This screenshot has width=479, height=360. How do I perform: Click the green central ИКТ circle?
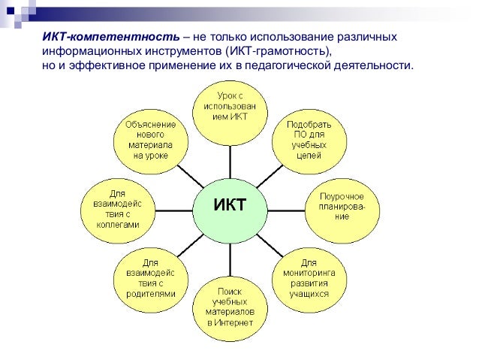pyautogui.click(x=230, y=205)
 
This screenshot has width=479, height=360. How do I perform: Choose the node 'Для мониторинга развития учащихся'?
pyautogui.click(x=309, y=278)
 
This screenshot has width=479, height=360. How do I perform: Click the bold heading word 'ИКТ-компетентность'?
pyautogui.click(x=110, y=38)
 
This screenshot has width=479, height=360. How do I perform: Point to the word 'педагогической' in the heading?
pyautogui.click(x=306, y=66)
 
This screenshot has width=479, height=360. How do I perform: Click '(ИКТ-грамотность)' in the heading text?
pyautogui.click(x=279, y=52)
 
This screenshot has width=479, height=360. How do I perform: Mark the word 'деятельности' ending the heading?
pyautogui.click(x=382, y=66)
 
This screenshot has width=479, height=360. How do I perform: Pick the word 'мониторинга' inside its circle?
pyautogui.click(x=309, y=273)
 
